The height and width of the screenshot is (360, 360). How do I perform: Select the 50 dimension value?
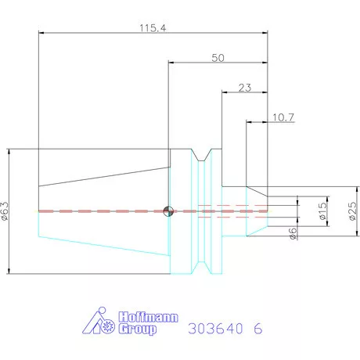(218, 57)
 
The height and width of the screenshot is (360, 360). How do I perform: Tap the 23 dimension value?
(244, 88)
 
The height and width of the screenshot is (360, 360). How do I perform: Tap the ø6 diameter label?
(292, 234)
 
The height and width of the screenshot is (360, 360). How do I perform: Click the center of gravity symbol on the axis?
(168, 211)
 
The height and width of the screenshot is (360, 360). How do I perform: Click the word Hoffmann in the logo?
(148, 317)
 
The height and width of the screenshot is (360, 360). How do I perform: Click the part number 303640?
(215, 329)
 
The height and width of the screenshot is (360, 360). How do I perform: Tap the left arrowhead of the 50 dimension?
(171, 63)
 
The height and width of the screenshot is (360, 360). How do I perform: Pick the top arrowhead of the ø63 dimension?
(10, 150)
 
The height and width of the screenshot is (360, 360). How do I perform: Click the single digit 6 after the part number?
(258, 329)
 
